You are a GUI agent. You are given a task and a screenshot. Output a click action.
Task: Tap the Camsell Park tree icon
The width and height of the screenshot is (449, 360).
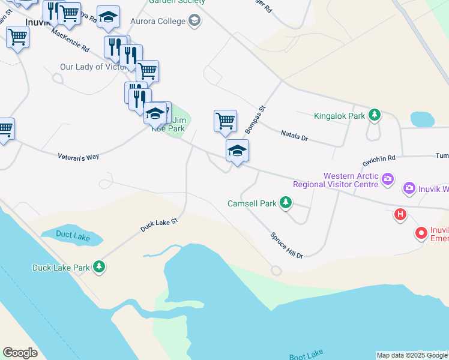point(286,203)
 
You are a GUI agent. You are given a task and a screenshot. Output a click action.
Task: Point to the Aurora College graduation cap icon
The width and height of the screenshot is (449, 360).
point(194,22)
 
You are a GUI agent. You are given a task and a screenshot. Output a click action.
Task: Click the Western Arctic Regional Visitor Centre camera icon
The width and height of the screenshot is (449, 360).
point(388,179)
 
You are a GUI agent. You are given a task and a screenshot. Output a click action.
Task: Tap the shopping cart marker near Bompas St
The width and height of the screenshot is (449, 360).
point(225,121)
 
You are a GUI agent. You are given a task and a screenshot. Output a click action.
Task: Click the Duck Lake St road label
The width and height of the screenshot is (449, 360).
point(159,225)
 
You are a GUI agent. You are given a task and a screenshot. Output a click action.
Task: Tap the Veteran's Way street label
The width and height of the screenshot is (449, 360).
point(78,157)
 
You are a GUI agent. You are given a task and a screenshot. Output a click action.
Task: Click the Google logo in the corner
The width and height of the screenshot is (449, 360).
point(20,353)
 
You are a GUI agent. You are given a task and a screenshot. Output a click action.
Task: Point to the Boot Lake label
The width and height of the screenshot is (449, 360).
point(306,356)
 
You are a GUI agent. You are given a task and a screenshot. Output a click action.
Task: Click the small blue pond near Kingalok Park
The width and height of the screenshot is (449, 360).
point(422,119)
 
